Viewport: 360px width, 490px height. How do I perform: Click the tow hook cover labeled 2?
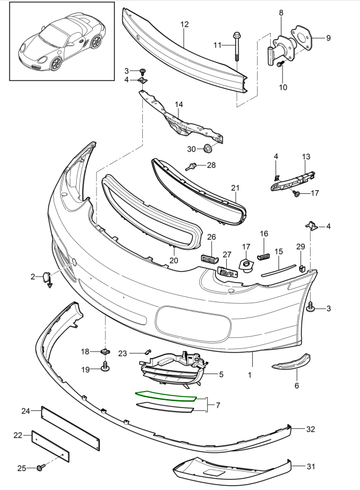pyautogui.click(x=46, y=277)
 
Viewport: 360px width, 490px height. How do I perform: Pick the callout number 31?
pyautogui.click(x=310, y=466)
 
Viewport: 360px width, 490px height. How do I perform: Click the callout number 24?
pyautogui.click(x=26, y=411)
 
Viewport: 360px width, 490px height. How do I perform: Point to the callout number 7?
pyautogui.click(x=218, y=406)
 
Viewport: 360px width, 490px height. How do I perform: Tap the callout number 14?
pyautogui.click(x=179, y=105)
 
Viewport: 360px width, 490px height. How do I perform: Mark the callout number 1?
pyautogui.click(x=249, y=375)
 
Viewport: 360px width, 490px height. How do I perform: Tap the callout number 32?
pyautogui.click(x=310, y=428)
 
